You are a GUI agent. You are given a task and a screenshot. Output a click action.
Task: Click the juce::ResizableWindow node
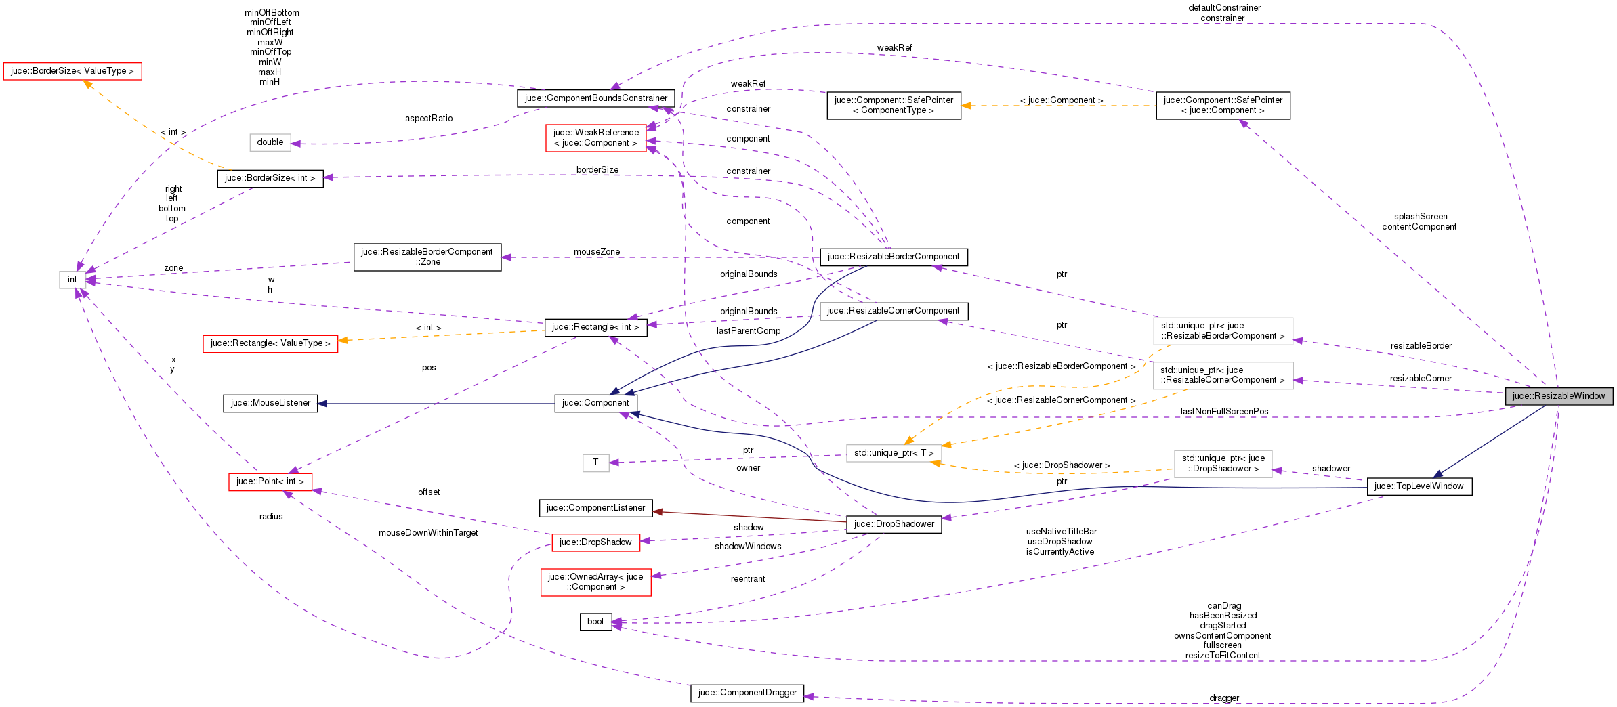pyautogui.click(x=1558, y=396)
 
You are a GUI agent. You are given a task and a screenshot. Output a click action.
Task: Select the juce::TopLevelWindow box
pyautogui.click(x=1419, y=486)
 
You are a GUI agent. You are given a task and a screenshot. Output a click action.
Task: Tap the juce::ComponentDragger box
pyautogui.click(x=747, y=693)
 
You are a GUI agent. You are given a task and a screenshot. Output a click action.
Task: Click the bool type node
pyautogui.click(x=595, y=622)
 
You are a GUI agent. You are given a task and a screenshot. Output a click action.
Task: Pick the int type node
pyautogui.click(x=72, y=280)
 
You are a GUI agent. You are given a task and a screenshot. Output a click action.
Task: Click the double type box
pyautogui.click(x=270, y=142)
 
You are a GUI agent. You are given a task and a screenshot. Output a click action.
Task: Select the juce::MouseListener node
pyautogui.click(x=270, y=403)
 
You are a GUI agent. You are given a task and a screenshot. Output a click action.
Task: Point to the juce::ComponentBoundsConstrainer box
pyautogui.click(x=595, y=98)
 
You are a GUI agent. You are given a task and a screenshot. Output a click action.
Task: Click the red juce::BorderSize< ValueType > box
pyautogui.click(x=72, y=71)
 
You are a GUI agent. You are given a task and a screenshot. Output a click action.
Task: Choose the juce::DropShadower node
pyautogui.click(x=894, y=524)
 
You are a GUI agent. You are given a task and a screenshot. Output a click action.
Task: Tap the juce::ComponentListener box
pyautogui.click(x=595, y=508)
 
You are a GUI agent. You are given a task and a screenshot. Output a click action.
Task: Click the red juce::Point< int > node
pyautogui.click(x=270, y=481)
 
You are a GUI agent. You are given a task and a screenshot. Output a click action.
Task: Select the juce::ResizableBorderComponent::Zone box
pyautogui.click(x=427, y=257)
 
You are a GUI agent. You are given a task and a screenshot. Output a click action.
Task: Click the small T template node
pyautogui.click(x=595, y=463)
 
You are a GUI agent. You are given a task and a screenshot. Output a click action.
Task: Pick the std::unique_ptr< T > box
pyautogui.click(x=893, y=453)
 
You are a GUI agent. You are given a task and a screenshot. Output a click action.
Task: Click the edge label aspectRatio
pyautogui.click(x=429, y=119)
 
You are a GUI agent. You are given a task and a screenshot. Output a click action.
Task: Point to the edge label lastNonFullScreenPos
pyautogui.click(x=1224, y=412)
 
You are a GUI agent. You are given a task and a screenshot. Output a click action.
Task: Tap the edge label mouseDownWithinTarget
pyautogui.click(x=428, y=533)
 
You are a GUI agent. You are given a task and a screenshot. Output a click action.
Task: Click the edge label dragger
pyautogui.click(x=1224, y=698)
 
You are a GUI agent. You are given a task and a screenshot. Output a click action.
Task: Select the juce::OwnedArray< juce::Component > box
pyautogui.click(x=595, y=582)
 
